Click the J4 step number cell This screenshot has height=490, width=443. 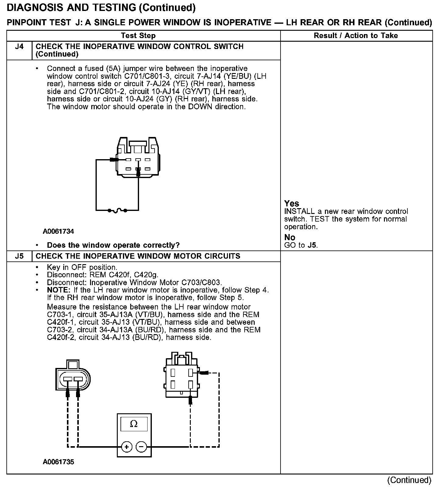click(19, 47)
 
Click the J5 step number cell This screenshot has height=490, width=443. click(19, 256)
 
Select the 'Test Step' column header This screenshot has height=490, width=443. click(138, 36)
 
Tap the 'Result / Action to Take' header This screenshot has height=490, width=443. click(356, 36)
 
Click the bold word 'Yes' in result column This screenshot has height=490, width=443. click(291, 203)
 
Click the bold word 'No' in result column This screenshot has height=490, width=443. click(290, 237)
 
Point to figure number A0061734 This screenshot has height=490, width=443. click(58, 231)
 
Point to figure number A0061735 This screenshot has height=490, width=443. click(58, 462)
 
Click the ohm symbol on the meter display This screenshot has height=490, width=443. click(134, 424)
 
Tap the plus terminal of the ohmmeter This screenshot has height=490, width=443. click(126, 447)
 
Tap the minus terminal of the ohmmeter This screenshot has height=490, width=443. click(141, 447)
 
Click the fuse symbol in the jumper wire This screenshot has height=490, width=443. click(118, 210)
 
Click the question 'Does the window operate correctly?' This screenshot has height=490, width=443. click(113, 245)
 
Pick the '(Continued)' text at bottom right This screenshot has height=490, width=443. click(409, 480)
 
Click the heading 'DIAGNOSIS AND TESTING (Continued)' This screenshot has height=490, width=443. click(101, 8)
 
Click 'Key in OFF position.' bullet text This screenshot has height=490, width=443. click(82, 267)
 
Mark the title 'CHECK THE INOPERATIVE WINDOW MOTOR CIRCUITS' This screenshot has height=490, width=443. click(138, 256)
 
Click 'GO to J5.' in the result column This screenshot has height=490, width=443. click(301, 245)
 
